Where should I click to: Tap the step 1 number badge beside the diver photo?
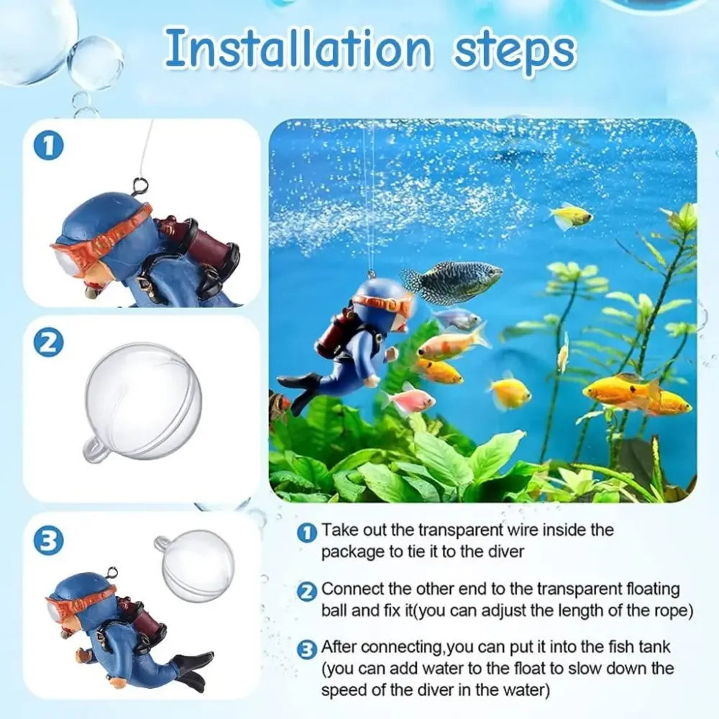[49, 147]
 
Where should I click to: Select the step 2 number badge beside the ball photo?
[49, 343]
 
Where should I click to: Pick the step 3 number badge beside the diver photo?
[49, 541]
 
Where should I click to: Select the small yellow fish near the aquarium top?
[572, 216]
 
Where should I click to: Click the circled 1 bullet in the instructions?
[307, 533]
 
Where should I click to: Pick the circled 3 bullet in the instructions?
[307, 649]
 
